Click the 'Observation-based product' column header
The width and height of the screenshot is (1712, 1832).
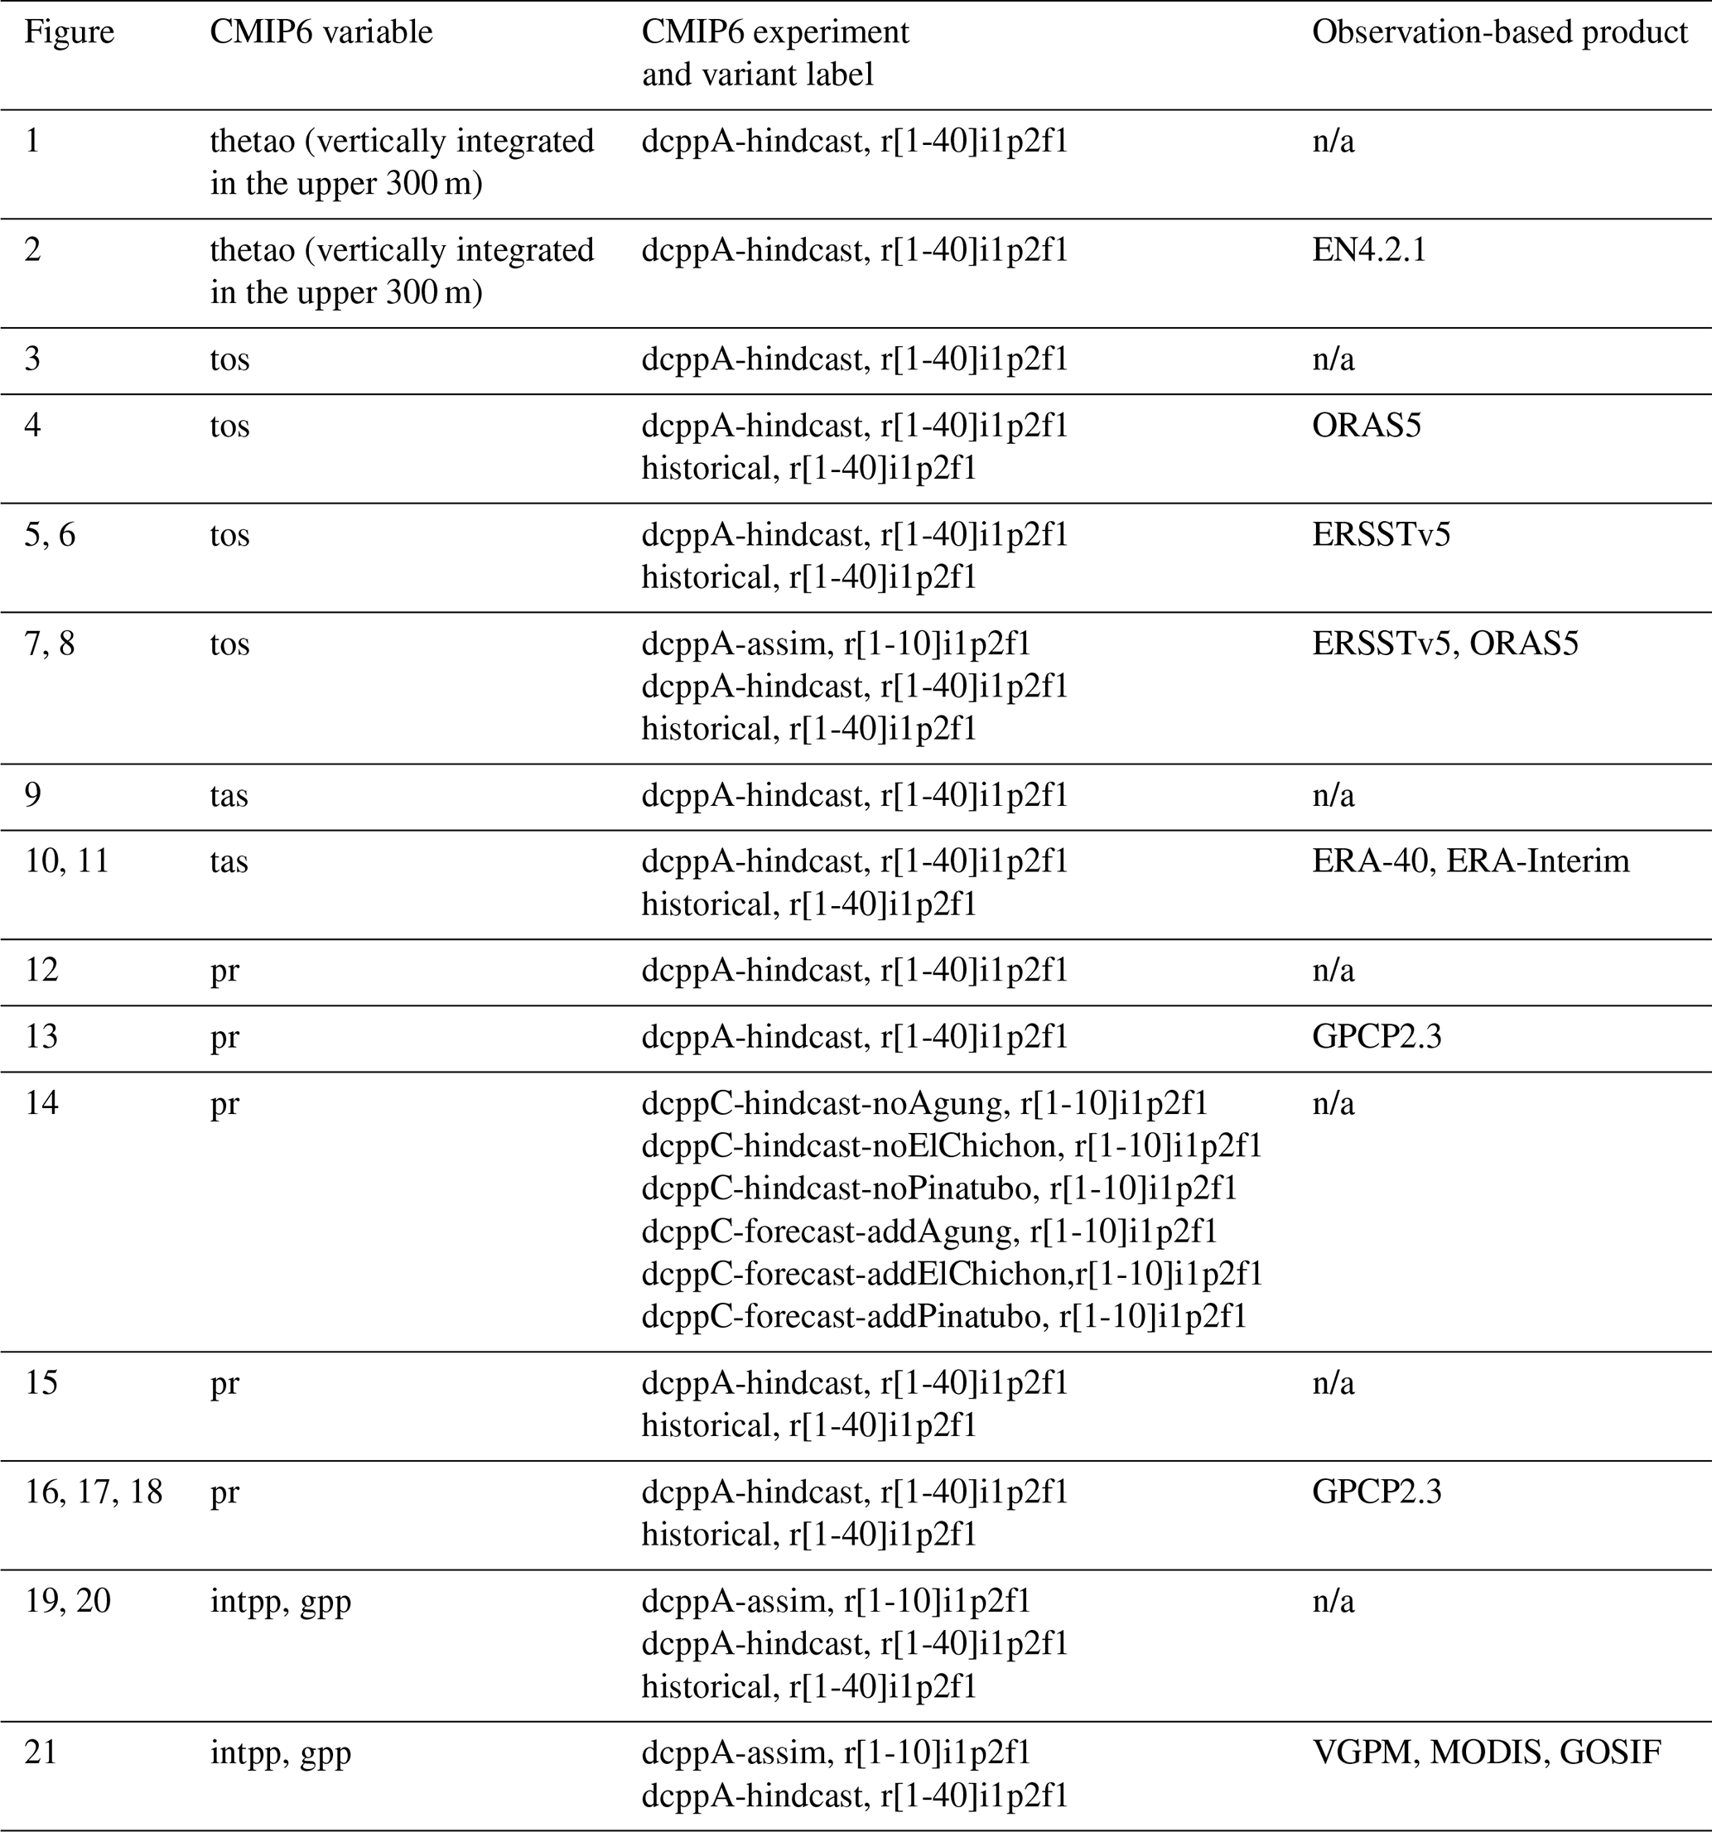click(1499, 32)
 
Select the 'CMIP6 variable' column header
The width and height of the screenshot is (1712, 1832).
click(321, 32)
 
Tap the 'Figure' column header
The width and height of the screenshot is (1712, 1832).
click(69, 32)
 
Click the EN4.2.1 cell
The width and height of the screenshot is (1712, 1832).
click(1368, 250)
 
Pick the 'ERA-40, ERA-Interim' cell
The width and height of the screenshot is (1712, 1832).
click(1471, 861)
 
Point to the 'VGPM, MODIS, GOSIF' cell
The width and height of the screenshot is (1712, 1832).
click(1486, 1751)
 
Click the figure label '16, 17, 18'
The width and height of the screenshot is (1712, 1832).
click(93, 1491)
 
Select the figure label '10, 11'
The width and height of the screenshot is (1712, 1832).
click(66, 861)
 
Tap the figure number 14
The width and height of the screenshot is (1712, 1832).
click(41, 1102)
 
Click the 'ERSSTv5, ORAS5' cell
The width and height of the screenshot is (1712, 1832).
click(1444, 644)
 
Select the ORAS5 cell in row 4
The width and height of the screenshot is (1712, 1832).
click(1367, 426)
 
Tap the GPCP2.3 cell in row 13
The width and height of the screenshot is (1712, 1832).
click(1377, 1037)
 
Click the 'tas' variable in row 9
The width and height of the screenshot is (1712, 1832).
click(229, 794)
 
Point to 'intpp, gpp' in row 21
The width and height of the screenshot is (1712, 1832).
click(280, 1751)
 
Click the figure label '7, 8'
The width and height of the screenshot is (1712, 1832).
click(50, 644)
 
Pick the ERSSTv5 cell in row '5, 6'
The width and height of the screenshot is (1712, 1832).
click(1381, 534)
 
